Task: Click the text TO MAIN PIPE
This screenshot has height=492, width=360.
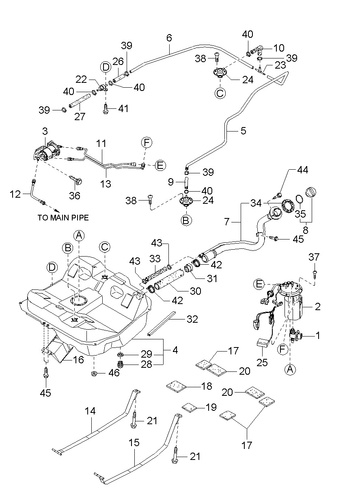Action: (x=63, y=218)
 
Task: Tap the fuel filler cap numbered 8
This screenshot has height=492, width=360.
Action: (x=312, y=192)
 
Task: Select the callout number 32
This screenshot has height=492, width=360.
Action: (x=192, y=319)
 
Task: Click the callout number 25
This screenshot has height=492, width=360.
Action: (x=262, y=362)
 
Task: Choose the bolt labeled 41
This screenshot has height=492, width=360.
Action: (x=106, y=109)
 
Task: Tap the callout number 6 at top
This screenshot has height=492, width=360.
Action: (x=169, y=38)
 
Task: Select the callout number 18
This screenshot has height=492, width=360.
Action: (x=207, y=386)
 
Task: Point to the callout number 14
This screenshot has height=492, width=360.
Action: (x=90, y=411)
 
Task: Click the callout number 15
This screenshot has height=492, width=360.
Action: (x=134, y=442)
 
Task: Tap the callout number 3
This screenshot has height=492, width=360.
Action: (x=45, y=132)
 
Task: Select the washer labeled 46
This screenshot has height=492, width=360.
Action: (x=94, y=373)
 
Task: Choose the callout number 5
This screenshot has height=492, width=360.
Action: (x=243, y=132)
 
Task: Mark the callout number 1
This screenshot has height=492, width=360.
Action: (x=318, y=336)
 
